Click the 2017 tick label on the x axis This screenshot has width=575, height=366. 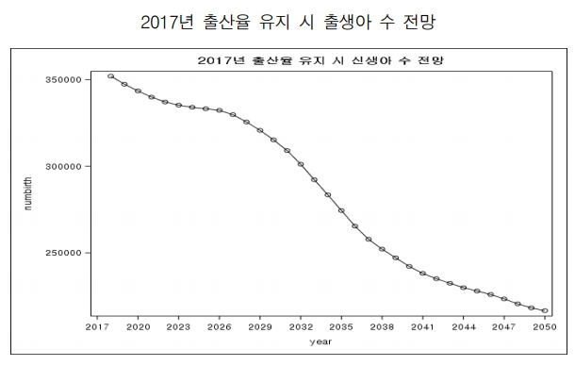tap(97, 326)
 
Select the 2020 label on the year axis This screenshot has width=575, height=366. tap(138, 326)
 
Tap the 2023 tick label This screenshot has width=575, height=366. tap(178, 326)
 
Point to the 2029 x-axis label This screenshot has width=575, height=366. tap(260, 326)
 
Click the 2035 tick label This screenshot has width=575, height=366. tap(341, 326)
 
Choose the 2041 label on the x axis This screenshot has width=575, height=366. tap(422, 326)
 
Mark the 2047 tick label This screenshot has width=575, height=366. tap(504, 326)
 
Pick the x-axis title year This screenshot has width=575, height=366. tap(321, 341)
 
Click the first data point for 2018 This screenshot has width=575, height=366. tap(110, 76)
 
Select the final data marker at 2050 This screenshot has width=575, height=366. tap(545, 310)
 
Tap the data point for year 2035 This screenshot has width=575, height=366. tap(341, 210)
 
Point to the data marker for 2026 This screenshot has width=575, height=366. tap(219, 110)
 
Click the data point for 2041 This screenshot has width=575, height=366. tap(422, 274)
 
